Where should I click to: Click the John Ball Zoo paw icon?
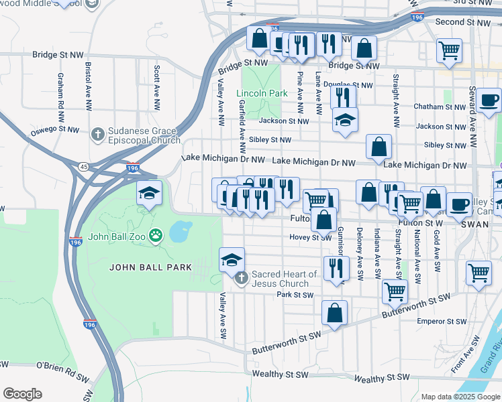pyautogui.click(x=156, y=235)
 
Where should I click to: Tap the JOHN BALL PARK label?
pyautogui.click(x=151, y=267)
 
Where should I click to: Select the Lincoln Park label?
pyautogui.click(x=262, y=93)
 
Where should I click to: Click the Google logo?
pyautogui.click(x=22, y=394)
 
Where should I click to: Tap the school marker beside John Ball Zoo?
pyautogui.click(x=149, y=194)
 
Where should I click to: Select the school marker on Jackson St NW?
pyautogui.click(x=345, y=120)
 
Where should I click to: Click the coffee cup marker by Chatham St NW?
pyautogui.click(x=489, y=100)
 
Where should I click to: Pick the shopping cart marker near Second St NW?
pyautogui.click(x=449, y=50)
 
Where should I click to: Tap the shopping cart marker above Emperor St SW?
pyautogui.click(x=479, y=272)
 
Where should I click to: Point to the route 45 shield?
pyautogui.click(x=84, y=166)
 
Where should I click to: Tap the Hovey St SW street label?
pyautogui.click(x=311, y=237)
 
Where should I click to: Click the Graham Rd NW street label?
pyautogui.click(x=60, y=92)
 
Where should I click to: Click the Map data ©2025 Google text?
pyautogui.click(x=459, y=396)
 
